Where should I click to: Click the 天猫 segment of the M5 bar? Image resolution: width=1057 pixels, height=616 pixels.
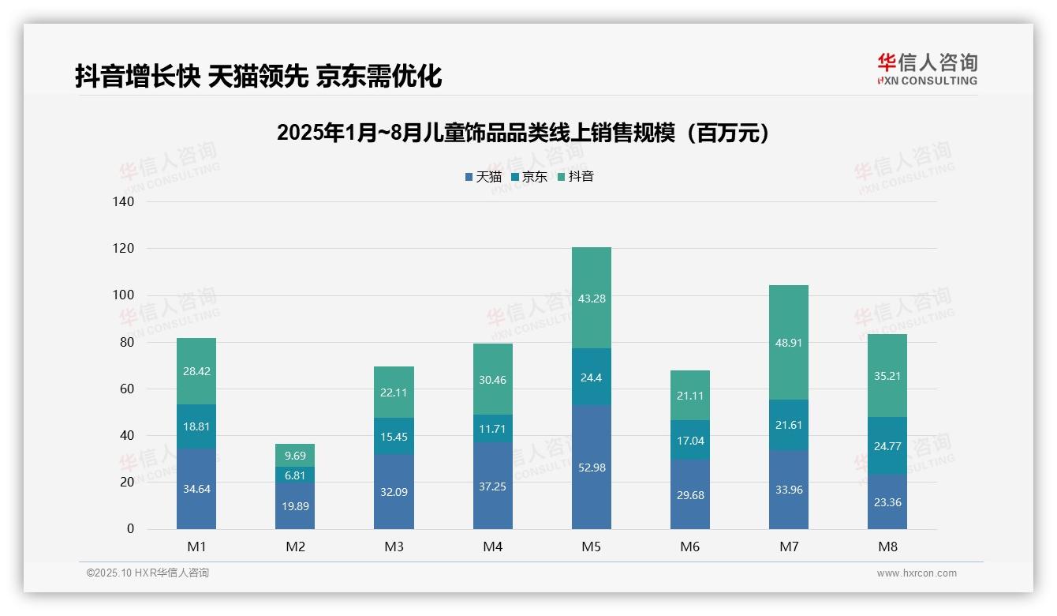point(591,467)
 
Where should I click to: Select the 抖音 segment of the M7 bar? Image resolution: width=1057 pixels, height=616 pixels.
point(788,342)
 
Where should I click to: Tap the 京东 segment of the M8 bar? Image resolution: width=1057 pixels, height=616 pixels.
point(887,445)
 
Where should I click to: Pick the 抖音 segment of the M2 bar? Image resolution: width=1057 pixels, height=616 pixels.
point(295,455)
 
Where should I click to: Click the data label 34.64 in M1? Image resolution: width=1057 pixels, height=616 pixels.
point(196,489)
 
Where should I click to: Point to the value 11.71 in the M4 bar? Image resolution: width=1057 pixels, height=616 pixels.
point(492,429)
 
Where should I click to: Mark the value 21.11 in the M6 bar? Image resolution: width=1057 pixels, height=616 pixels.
point(690,395)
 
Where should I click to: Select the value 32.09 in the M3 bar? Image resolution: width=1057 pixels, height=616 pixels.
point(394,491)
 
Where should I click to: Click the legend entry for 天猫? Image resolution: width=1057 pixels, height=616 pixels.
point(483,177)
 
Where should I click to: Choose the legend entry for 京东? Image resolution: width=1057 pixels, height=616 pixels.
point(529,177)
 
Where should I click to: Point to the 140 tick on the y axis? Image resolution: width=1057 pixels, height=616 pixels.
point(124,201)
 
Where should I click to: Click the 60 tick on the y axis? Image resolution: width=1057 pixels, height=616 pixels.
point(127,389)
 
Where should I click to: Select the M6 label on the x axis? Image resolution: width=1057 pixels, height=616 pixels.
point(690,547)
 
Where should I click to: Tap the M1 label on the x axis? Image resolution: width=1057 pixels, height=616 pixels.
point(196,547)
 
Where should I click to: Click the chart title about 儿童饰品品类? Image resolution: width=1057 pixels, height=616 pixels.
point(523,133)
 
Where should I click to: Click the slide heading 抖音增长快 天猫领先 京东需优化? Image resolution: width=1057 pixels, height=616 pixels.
point(258,76)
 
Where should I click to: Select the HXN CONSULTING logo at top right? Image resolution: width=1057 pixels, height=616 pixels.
point(927,69)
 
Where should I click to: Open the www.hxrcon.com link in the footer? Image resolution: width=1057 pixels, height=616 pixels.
point(917,573)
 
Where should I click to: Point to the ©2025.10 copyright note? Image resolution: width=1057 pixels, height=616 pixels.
point(148,573)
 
